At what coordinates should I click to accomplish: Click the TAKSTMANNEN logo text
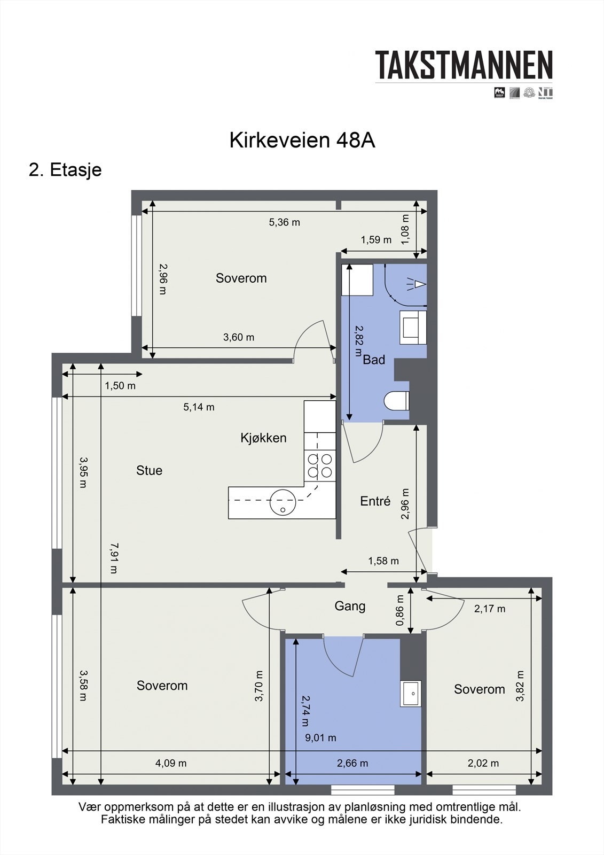pyautogui.click(x=464, y=65)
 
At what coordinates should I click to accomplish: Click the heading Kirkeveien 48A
pyautogui.click(x=302, y=141)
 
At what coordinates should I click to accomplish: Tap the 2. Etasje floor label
pyautogui.click(x=65, y=170)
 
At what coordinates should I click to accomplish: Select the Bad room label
pyautogui.click(x=374, y=360)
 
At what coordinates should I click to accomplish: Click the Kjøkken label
pyautogui.click(x=263, y=438)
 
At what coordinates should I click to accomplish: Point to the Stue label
pyautogui.click(x=149, y=470)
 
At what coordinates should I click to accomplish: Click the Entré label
pyautogui.click(x=375, y=501)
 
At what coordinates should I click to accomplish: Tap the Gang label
pyautogui.click(x=350, y=606)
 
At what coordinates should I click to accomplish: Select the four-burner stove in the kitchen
pyautogui.click(x=319, y=465)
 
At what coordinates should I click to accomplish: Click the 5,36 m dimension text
pyautogui.click(x=284, y=222)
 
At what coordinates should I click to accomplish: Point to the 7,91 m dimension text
pyautogui.click(x=113, y=558)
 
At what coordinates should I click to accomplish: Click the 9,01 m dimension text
pyautogui.click(x=320, y=738)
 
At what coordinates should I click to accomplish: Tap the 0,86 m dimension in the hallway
pyautogui.click(x=399, y=611)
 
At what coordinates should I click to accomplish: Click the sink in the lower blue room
pyautogui.click(x=411, y=694)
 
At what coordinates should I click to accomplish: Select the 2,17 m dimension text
pyautogui.click(x=489, y=609)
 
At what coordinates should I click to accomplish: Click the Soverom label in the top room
pyautogui.click(x=241, y=278)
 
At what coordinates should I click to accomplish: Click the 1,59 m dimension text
pyautogui.click(x=376, y=240)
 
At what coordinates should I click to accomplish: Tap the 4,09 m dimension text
pyautogui.click(x=171, y=763)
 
